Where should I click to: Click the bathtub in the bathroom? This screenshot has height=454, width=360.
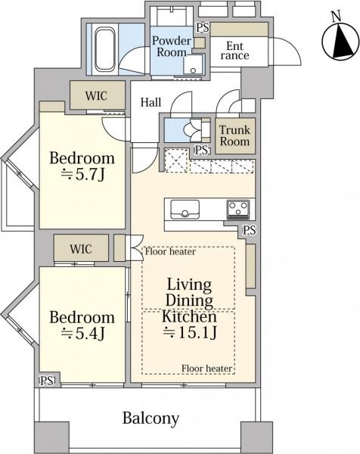pos(104,49)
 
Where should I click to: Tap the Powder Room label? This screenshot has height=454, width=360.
pos(172,46)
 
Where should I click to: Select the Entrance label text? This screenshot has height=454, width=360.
pos(234,51)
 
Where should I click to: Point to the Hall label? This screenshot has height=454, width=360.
pos(151,102)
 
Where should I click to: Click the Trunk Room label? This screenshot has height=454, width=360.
pos(234,135)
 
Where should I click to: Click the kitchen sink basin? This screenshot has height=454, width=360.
pos(185,210)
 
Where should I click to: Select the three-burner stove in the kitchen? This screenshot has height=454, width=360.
pos(238,210)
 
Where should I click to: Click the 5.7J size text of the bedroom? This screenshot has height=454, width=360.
pos(82,175)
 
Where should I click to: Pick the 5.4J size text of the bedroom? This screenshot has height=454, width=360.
pos(82,334)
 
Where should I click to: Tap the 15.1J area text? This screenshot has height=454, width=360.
pos(190,332)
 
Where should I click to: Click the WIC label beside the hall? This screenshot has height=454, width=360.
pos(96,96)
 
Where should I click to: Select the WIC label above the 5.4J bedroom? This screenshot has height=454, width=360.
pos(81,249)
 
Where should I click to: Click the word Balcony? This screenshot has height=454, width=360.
pos(151,418)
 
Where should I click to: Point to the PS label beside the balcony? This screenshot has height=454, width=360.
pos(47,381)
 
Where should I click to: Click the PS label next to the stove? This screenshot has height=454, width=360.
pos(249,231)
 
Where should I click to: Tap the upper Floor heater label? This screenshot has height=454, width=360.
pos(170,251)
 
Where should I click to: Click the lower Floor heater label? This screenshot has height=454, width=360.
pos(207,368)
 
